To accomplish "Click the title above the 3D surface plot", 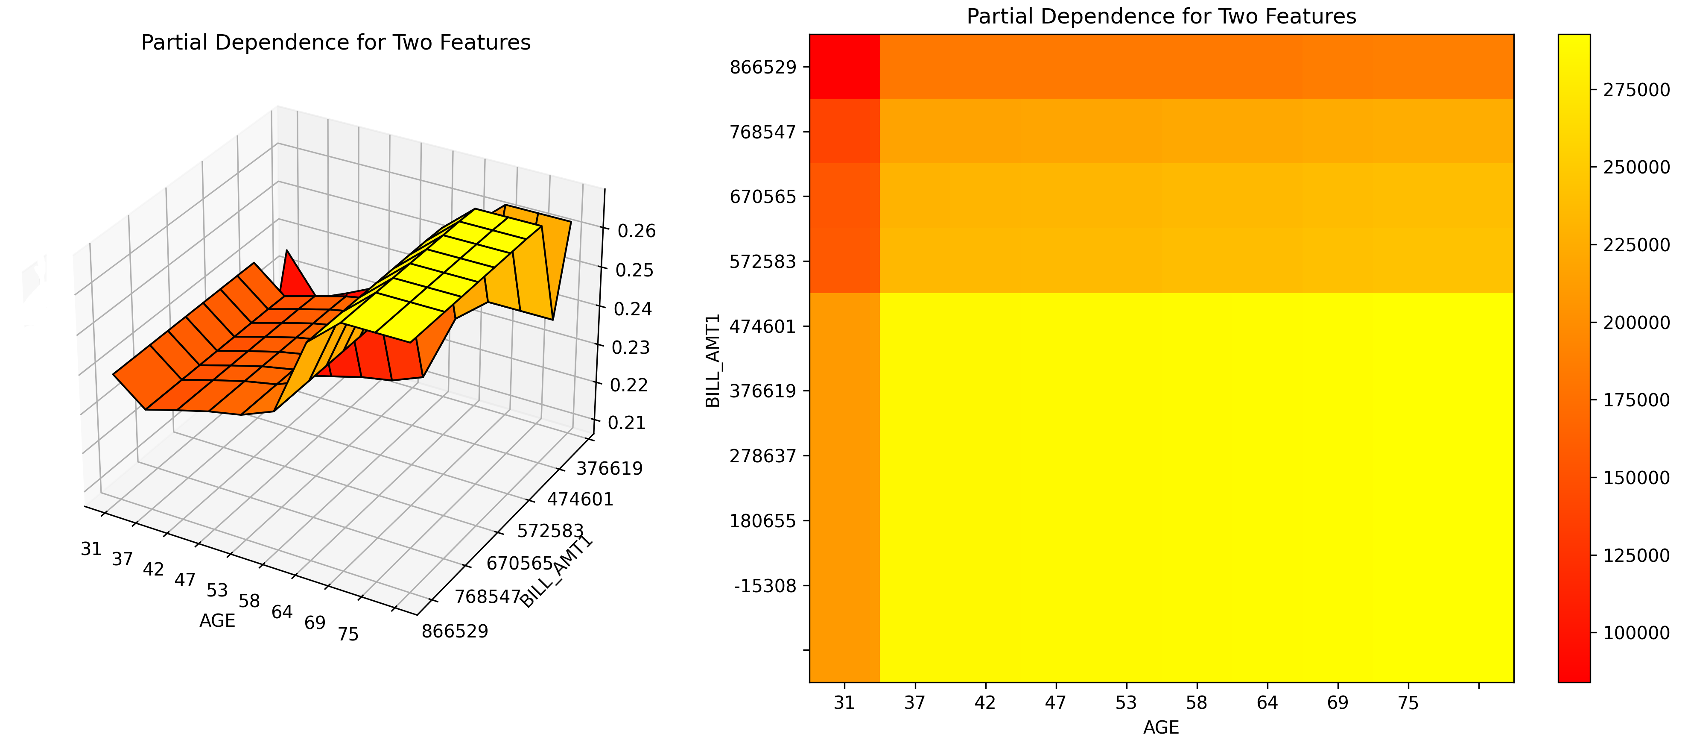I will [336, 43].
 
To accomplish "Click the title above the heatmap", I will [1161, 16].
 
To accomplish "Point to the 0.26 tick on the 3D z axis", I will [636, 231].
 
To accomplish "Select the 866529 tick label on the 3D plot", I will [455, 631].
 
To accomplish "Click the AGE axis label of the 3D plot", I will [217, 621].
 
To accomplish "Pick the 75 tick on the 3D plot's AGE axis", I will [348, 634].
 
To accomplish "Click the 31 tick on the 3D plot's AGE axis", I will [91, 549].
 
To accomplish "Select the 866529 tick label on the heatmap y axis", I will [763, 67].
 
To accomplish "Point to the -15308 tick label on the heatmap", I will [765, 585].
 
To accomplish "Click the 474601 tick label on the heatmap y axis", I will [763, 326].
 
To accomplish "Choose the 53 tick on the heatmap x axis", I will [1126, 703].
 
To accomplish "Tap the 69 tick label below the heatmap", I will [1338, 703].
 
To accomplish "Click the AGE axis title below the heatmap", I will [1161, 727].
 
